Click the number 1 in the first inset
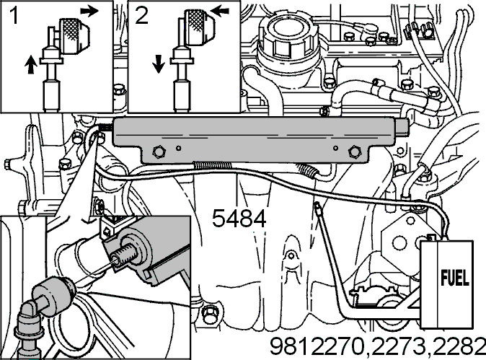[x=14, y=15]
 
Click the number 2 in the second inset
[x=141, y=15]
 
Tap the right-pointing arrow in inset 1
[x=89, y=11]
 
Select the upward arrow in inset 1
[x=31, y=64]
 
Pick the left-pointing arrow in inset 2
[x=221, y=12]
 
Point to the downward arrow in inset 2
[x=159, y=64]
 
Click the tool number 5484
[x=239, y=219]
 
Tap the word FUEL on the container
[x=455, y=278]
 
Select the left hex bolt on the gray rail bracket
[x=159, y=152]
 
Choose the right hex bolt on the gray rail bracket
[x=355, y=152]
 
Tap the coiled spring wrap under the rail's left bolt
[x=212, y=165]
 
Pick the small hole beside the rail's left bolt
[x=179, y=148]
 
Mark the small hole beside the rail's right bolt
[x=336, y=148]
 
